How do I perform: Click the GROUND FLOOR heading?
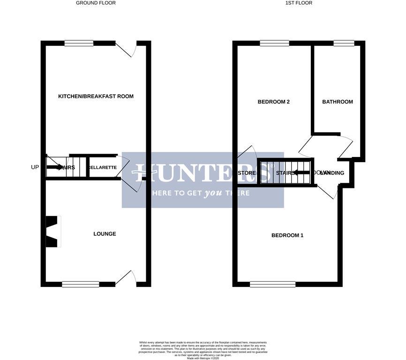click(x=96, y=3)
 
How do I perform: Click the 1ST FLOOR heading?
click(x=299, y=3)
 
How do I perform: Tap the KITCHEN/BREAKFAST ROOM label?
click(x=96, y=97)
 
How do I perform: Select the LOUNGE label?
click(x=105, y=234)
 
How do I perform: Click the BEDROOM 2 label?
click(x=273, y=102)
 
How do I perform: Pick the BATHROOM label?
click(x=338, y=102)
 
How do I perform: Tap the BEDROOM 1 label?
click(x=287, y=235)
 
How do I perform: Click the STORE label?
click(x=247, y=173)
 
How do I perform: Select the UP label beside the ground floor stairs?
click(x=35, y=167)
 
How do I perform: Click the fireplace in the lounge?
click(x=53, y=232)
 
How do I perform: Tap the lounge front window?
click(x=80, y=284)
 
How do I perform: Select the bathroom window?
click(x=344, y=44)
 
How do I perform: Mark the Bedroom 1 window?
click(x=272, y=284)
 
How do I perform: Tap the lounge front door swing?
click(x=126, y=277)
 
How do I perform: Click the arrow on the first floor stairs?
click(x=300, y=172)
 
